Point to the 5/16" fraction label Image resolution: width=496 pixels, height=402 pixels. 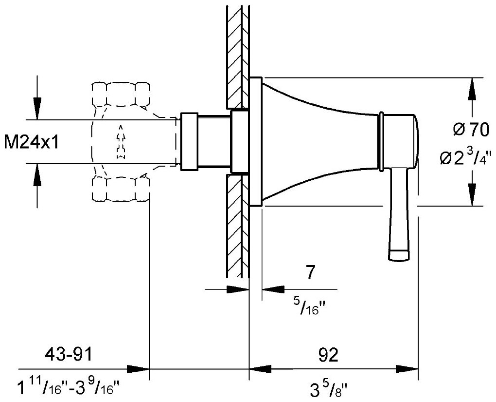tap(310, 306)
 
